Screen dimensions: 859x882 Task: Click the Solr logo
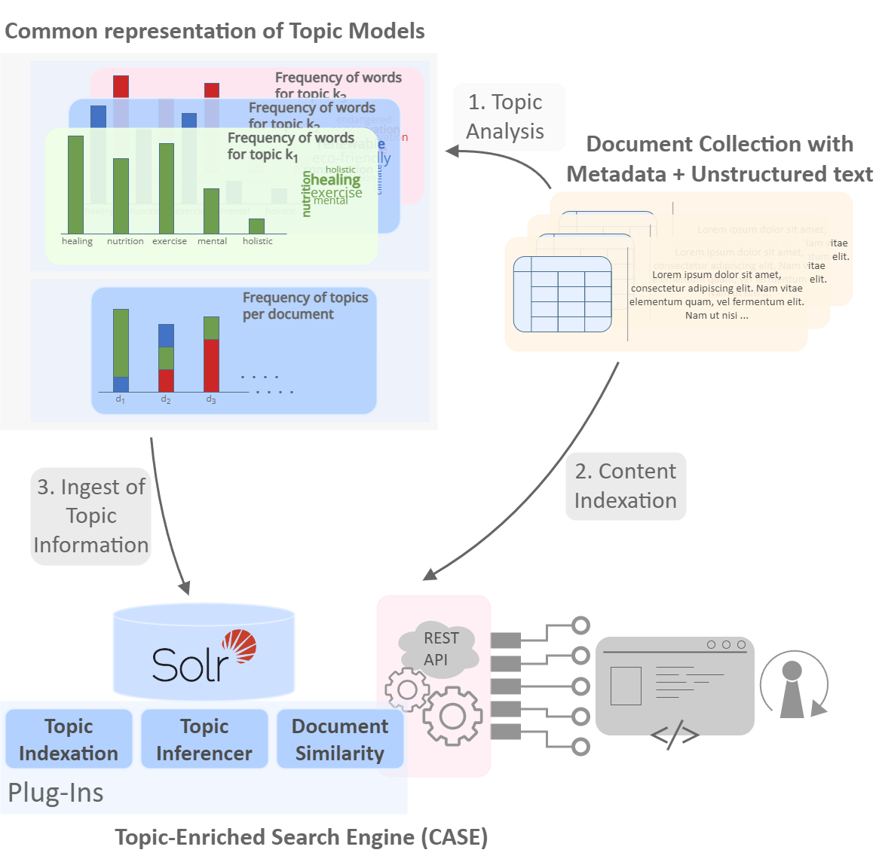click(x=204, y=656)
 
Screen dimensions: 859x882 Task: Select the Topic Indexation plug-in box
click(x=69, y=739)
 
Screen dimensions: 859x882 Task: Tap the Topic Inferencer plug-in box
click(x=204, y=739)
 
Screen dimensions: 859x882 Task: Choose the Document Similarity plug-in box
click(x=340, y=739)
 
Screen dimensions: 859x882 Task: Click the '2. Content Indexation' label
click(x=626, y=486)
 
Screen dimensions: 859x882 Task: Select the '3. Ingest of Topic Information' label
click(x=91, y=516)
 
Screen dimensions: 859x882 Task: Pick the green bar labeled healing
click(x=75, y=185)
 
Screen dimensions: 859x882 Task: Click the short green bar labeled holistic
click(x=256, y=226)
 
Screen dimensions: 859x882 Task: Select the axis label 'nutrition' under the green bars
click(x=125, y=241)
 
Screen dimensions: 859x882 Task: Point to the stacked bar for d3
click(x=211, y=353)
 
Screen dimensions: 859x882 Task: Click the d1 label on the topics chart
click(x=120, y=399)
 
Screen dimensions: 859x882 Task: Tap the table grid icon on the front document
click(x=562, y=294)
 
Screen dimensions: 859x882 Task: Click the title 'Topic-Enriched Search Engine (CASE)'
click(x=302, y=837)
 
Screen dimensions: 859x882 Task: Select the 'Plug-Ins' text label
click(x=56, y=793)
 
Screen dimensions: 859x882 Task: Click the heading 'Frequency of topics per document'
click(x=305, y=306)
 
